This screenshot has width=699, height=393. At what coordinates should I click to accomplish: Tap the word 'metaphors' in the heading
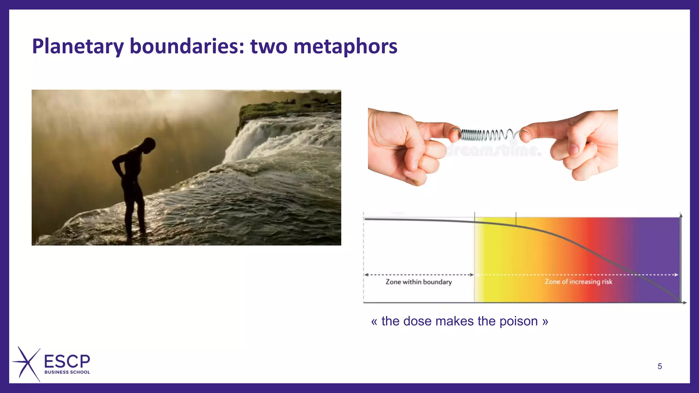tap(345, 46)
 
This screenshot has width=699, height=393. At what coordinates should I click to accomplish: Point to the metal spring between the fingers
tap(488, 135)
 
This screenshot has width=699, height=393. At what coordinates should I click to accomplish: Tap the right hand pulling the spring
tap(580, 143)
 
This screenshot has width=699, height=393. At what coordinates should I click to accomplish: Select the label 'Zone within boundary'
tap(419, 282)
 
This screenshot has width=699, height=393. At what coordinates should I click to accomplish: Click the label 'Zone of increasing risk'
tap(578, 282)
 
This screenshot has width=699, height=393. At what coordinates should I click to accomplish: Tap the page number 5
tap(660, 366)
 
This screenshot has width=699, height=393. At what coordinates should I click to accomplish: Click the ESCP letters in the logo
tap(67, 361)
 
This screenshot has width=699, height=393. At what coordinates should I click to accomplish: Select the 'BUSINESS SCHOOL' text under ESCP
tap(67, 372)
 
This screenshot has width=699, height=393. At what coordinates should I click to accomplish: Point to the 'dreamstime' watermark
tap(493, 150)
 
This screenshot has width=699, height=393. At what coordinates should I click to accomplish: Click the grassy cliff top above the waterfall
tap(290, 104)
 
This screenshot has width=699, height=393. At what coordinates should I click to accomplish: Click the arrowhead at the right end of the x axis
tap(685, 303)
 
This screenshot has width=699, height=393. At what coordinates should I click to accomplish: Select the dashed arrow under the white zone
tap(419, 275)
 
